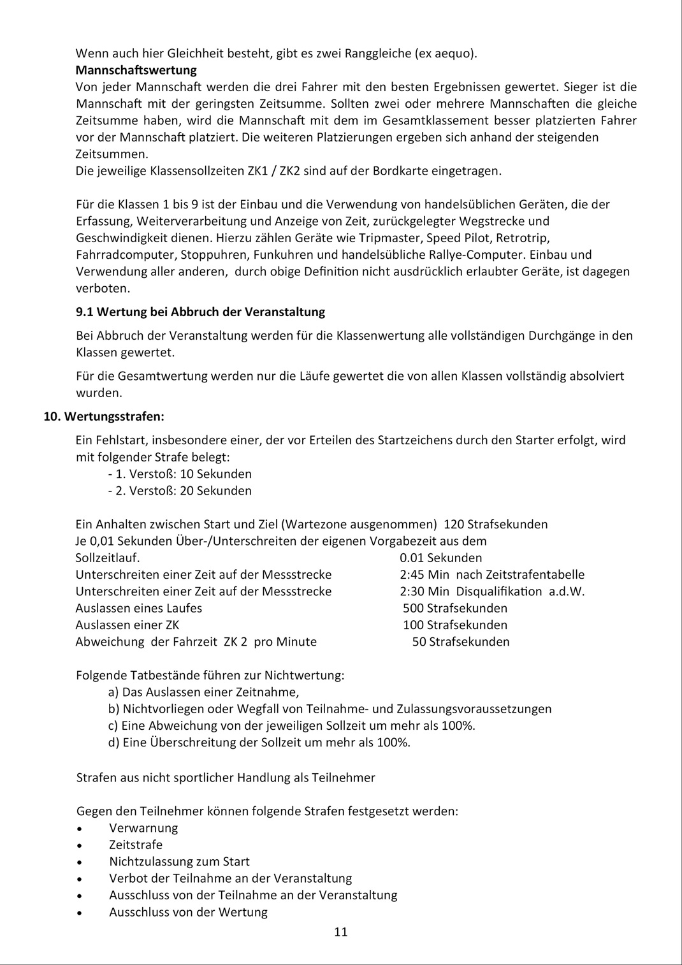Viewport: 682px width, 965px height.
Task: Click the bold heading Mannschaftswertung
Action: [x=136, y=70]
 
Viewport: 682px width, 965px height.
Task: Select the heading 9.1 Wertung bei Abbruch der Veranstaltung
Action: [x=200, y=312]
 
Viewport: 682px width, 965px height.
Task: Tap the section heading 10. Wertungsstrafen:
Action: [x=104, y=417]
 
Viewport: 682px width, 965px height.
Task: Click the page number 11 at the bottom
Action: [x=341, y=932]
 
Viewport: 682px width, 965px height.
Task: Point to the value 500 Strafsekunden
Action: [x=455, y=609]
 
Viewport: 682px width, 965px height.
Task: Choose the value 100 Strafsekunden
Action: [x=455, y=625]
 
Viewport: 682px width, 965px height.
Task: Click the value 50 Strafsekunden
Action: [x=460, y=642]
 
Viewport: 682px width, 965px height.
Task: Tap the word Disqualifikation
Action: [x=499, y=591]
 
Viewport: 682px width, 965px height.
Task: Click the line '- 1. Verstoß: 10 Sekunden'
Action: [x=180, y=474]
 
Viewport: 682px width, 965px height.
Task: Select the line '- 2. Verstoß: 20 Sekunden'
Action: [x=180, y=491]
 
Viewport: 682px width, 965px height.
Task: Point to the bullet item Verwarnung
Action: [x=143, y=828]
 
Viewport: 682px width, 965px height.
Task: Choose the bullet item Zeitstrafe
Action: [x=136, y=845]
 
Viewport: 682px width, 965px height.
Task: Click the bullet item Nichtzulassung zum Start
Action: [x=179, y=862]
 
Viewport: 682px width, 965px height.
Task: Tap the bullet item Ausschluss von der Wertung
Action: [x=188, y=912]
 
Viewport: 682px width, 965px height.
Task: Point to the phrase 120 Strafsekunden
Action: [x=495, y=525]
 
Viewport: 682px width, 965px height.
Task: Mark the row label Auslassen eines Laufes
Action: [x=138, y=609]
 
